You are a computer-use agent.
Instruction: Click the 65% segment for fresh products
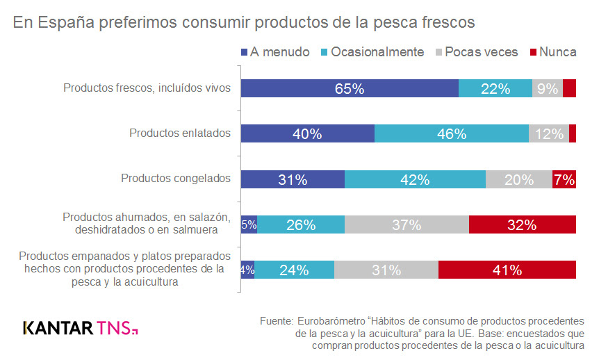point(350,88)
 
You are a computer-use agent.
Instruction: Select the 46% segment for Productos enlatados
point(452,134)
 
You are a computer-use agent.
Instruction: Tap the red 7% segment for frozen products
point(564,179)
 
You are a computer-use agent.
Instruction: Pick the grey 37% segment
point(407,224)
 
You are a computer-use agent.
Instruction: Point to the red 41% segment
point(507,270)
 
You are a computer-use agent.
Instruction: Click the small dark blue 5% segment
point(249,224)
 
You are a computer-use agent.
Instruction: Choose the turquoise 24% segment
point(295,270)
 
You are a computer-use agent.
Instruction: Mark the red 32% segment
point(523,224)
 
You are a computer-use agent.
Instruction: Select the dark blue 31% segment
point(293,179)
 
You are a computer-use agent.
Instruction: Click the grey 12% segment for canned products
point(549,134)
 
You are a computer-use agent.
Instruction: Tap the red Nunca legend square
point(534,52)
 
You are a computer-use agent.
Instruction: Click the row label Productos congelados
point(176,178)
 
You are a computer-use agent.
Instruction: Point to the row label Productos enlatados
point(180,133)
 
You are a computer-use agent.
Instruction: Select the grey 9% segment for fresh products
point(548,88)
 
